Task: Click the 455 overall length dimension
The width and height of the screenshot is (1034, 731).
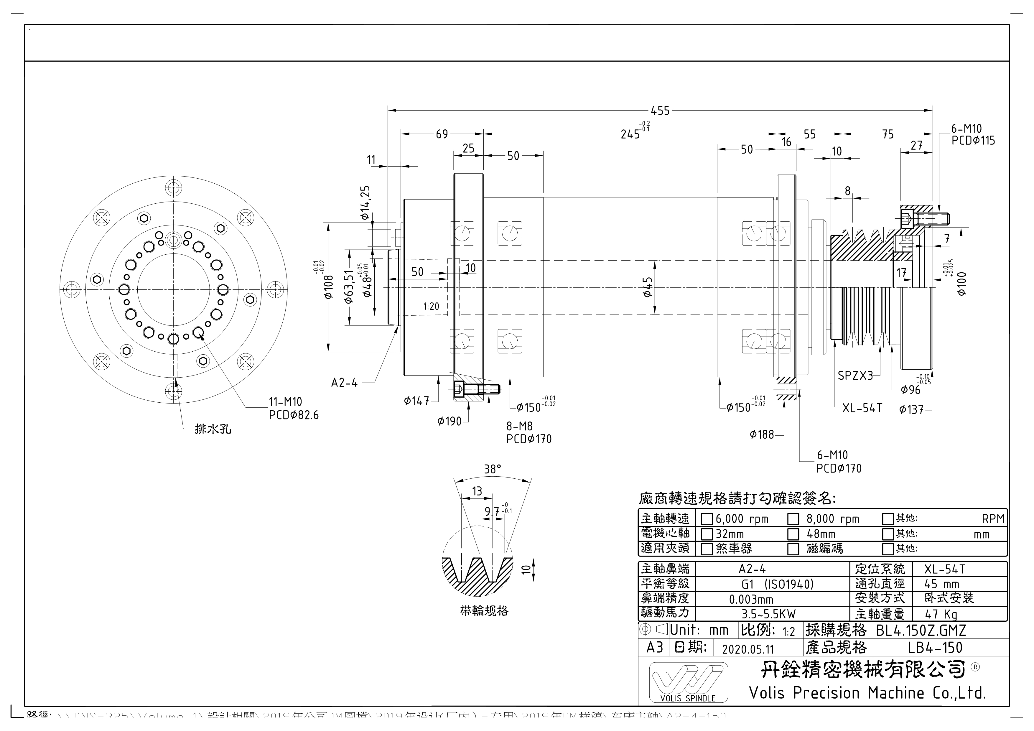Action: coord(660,110)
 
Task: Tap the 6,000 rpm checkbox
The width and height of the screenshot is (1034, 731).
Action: coord(707,519)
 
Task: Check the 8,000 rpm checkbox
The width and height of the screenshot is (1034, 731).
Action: coord(793,519)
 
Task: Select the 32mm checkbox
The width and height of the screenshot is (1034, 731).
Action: coord(707,534)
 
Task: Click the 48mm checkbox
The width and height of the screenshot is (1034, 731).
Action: coord(793,534)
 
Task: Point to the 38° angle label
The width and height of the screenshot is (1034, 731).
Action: coord(492,469)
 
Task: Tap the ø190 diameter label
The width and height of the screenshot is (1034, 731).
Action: coord(450,422)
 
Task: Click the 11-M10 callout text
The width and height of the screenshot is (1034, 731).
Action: coord(286,401)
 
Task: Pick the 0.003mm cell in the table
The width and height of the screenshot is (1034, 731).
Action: coord(751,600)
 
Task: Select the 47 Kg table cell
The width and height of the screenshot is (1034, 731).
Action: coord(941,614)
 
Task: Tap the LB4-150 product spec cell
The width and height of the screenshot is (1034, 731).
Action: coord(935,648)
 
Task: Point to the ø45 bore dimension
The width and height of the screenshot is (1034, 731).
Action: coord(648,287)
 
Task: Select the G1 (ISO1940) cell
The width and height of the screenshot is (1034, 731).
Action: coord(777,584)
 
